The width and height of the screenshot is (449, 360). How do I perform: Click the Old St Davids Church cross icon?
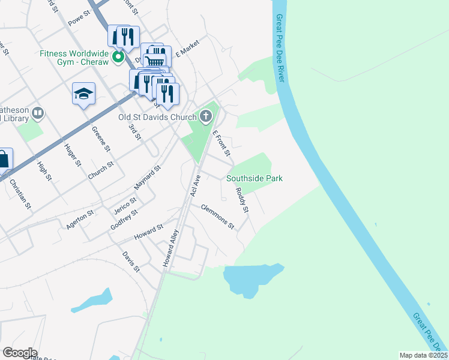pos(206,116)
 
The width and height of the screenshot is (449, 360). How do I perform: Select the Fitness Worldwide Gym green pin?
pos(118,58)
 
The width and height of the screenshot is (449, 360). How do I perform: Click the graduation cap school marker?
pos(84,93)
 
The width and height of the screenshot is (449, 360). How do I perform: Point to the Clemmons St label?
pos(217,217)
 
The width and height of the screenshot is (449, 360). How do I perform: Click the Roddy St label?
pos(241,200)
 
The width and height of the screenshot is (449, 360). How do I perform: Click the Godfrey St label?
pos(124,220)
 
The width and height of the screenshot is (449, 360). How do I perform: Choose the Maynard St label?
pos(148,178)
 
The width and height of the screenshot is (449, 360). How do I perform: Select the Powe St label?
pos(79,19)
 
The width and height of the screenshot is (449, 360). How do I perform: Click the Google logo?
pos(20,353)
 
